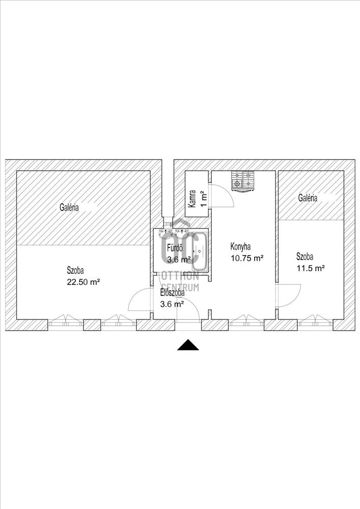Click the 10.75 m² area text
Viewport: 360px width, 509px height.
tap(246, 258)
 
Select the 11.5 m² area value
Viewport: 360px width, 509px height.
tap(311, 268)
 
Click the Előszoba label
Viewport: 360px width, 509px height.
tap(172, 293)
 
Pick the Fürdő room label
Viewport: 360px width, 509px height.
tap(176, 248)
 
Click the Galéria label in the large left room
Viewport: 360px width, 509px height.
tap(69, 207)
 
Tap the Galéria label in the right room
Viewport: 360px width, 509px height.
tap(308, 198)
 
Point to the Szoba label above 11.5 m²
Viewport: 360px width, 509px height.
tap(307, 257)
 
